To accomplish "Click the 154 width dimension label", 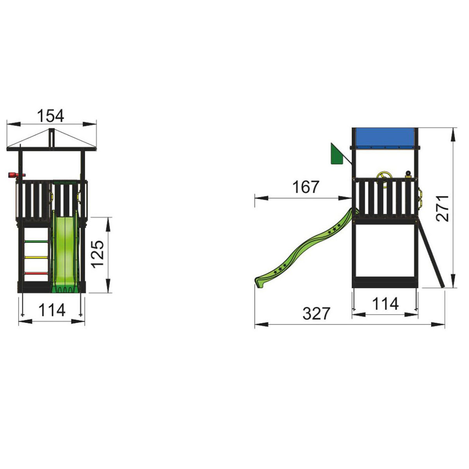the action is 50,116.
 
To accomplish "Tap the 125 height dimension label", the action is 98,254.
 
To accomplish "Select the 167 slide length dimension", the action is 306,187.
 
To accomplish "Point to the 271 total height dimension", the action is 442,208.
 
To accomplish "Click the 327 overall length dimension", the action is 317,313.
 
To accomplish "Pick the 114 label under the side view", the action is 385,304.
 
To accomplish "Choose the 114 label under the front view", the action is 52,310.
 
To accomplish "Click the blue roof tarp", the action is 385,138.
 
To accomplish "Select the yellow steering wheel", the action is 383,179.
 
